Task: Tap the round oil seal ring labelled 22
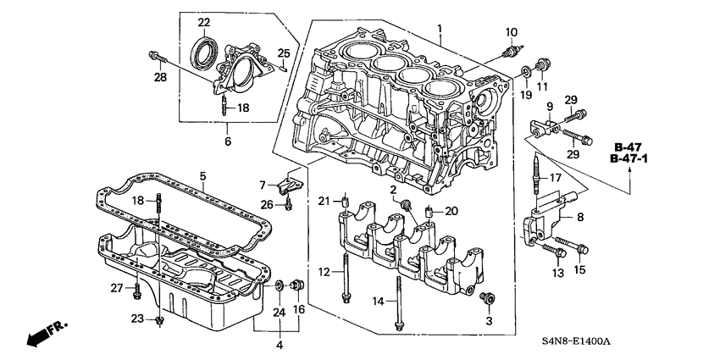pos(204,53)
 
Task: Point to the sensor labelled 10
pos(511,53)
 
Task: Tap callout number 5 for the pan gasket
pos(203,175)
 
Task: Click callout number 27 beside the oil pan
pos(116,288)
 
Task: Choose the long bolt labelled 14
pos(398,303)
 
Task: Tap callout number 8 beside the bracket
pos(580,217)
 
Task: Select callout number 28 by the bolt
pos(159,79)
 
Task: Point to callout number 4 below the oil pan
pos(280,345)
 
